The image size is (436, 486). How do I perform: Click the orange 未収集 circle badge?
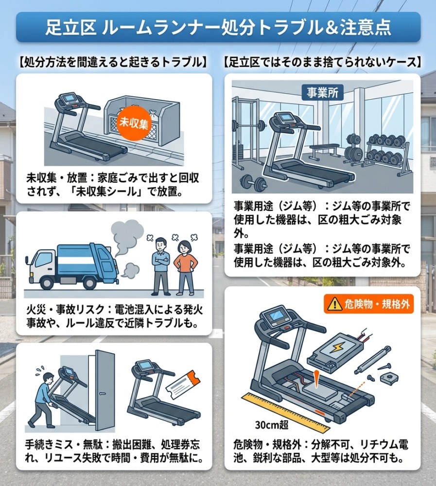(x=134, y=123)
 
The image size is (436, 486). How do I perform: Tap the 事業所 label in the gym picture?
(x=322, y=92)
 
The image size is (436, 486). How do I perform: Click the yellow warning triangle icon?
(x=334, y=304)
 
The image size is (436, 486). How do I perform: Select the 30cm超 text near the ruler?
(x=272, y=425)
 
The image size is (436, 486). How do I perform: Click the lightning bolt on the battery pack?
(x=335, y=348)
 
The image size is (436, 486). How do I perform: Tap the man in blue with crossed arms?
(x=161, y=266)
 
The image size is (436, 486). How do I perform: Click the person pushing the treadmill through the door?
(x=41, y=400)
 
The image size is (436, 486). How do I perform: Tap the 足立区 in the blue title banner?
(x=70, y=28)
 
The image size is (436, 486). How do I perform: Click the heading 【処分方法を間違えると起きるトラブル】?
(x=114, y=62)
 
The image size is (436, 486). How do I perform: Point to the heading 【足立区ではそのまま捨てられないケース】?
(x=322, y=62)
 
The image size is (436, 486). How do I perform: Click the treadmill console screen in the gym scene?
(x=283, y=119)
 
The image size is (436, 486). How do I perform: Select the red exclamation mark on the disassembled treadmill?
(x=315, y=379)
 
